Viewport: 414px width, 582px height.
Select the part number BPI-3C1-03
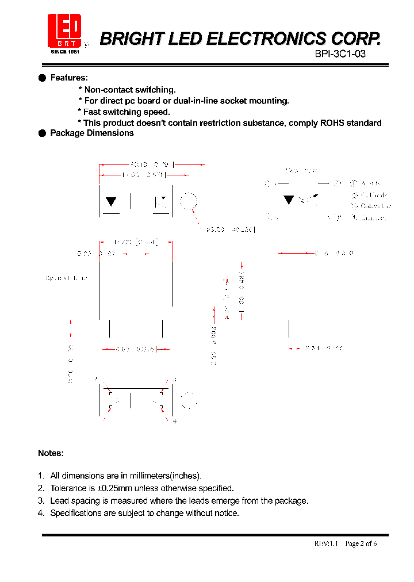click(340, 54)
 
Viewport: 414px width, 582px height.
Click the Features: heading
click(69, 78)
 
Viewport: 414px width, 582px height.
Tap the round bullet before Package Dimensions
click(41, 133)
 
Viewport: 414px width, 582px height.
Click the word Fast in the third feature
click(93, 112)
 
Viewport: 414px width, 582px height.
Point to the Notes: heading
click(51, 453)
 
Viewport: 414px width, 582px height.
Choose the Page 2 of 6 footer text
click(361, 543)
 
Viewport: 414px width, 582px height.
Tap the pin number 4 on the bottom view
click(174, 422)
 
